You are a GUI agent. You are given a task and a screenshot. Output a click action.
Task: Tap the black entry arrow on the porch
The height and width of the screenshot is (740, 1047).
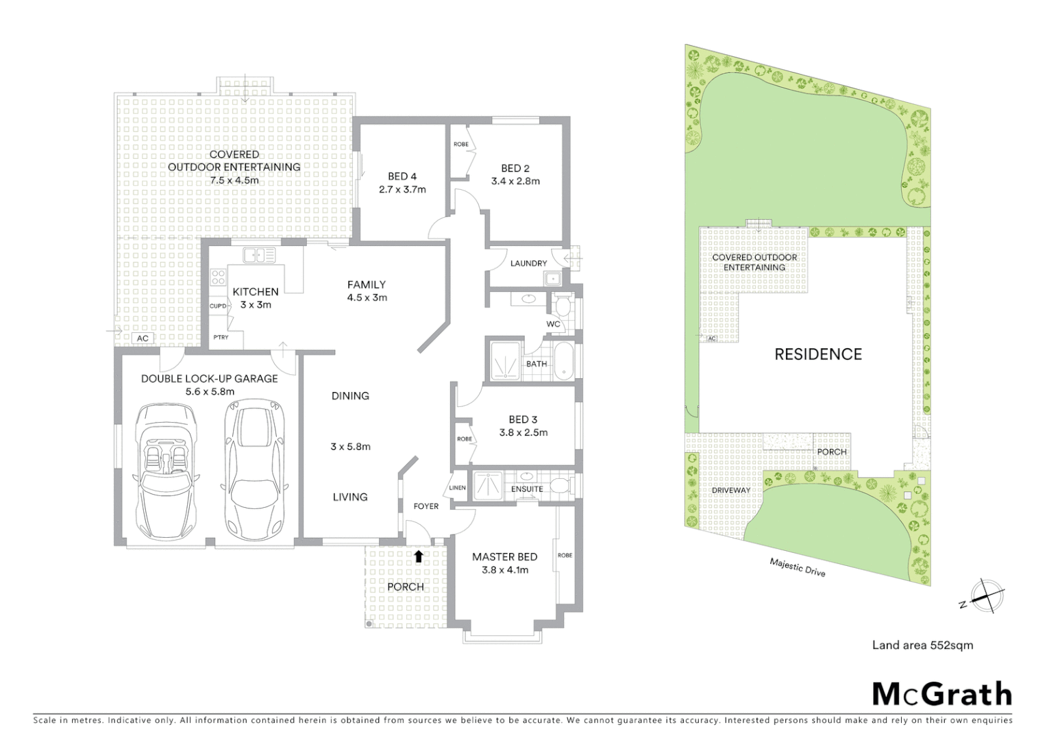click(x=418, y=556)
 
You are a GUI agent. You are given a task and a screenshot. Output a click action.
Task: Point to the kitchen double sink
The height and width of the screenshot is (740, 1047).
click(x=258, y=255)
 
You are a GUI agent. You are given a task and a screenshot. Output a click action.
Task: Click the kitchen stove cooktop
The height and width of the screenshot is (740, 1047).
click(x=218, y=277)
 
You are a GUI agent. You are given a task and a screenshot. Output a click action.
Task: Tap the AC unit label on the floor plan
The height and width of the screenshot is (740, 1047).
click(x=143, y=338)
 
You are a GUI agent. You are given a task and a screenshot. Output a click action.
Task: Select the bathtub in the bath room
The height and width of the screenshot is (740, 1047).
click(x=564, y=361)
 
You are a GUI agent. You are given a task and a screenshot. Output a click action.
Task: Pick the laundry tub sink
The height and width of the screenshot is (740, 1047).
click(x=552, y=278)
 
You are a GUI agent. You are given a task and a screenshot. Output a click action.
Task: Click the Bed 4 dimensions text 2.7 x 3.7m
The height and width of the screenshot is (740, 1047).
click(x=402, y=189)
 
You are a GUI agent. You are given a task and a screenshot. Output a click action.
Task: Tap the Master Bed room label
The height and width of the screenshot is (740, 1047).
click(x=504, y=557)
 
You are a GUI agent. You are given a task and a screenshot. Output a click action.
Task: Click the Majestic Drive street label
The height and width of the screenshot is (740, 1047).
click(x=797, y=567)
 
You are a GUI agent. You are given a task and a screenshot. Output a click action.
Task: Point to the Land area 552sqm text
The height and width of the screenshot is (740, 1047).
click(x=922, y=645)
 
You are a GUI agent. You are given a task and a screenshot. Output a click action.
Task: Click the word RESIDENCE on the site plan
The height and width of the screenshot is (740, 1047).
click(x=817, y=354)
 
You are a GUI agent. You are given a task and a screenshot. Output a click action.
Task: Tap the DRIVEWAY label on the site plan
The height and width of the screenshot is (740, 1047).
click(x=730, y=491)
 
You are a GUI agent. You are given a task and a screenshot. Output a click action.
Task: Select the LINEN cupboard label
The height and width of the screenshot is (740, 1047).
click(x=457, y=488)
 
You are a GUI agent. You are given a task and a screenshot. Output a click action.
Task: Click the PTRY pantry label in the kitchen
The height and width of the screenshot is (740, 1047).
click(x=220, y=337)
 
